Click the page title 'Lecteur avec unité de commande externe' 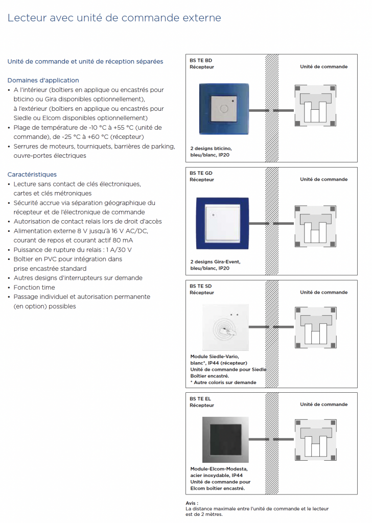click(114, 18)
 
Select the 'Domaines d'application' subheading click(43, 80)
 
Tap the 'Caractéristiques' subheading click(32, 174)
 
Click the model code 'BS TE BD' click(200, 60)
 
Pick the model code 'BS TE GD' click(201, 173)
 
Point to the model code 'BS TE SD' click(200, 286)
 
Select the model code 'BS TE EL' click(200, 398)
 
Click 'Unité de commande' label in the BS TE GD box click(323, 179)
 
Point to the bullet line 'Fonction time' click(34, 288)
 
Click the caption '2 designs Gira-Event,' click(215, 261)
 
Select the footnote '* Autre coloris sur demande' click(223, 383)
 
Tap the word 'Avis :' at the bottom click(192, 503)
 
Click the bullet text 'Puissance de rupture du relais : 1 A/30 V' click(73, 250)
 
